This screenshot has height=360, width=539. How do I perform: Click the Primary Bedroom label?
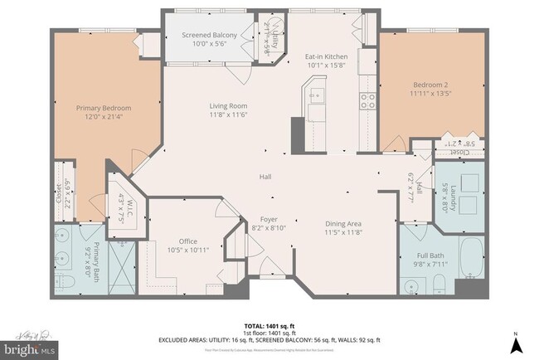(x=104, y=108)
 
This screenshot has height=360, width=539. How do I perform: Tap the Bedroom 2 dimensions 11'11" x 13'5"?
(x=430, y=94)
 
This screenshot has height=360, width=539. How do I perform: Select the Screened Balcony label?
(x=210, y=35)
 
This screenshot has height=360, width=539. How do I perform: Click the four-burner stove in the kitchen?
(x=367, y=101)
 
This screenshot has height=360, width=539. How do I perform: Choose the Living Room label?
(x=227, y=105)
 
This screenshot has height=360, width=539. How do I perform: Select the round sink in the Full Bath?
(x=412, y=286)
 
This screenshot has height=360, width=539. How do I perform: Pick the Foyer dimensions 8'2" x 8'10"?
(x=268, y=227)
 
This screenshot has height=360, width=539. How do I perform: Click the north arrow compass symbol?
(x=516, y=342)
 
